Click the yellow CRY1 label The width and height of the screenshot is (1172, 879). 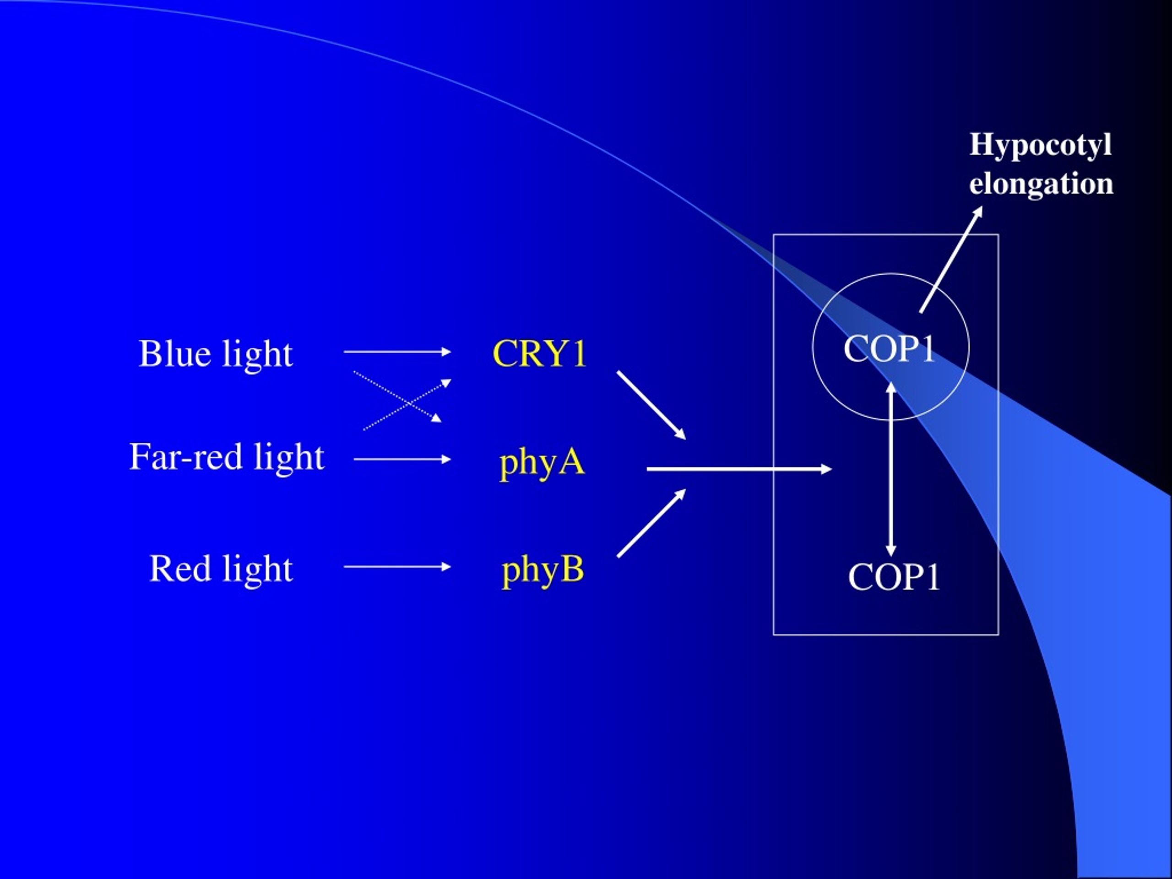(539, 353)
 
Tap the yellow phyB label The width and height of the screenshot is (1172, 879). (543, 570)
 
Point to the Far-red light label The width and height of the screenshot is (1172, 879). (227, 458)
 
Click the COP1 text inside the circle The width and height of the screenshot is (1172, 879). (890, 349)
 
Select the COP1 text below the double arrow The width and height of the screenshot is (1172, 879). (894, 576)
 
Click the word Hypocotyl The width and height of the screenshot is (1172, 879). (1040, 144)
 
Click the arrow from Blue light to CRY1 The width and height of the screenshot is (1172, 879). (397, 351)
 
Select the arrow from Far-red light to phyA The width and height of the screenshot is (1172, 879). (402, 459)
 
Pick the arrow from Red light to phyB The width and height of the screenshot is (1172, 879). (397, 567)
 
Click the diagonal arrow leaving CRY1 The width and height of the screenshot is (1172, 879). (651, 405)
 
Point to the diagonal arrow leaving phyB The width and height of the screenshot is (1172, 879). (651, 523)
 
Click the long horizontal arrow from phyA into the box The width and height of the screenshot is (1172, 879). (739, 469)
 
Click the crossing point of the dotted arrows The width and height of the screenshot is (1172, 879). (408, 404)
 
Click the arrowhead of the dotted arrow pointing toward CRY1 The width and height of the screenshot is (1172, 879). (447, 383)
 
